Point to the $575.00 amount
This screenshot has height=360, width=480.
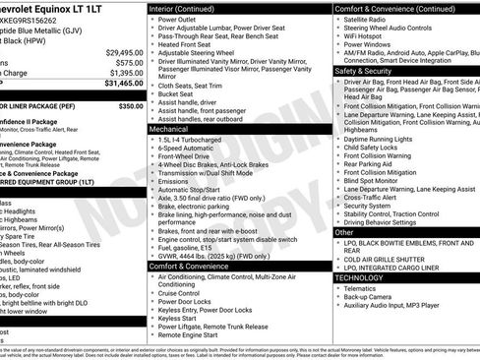(x=128, y=62)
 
